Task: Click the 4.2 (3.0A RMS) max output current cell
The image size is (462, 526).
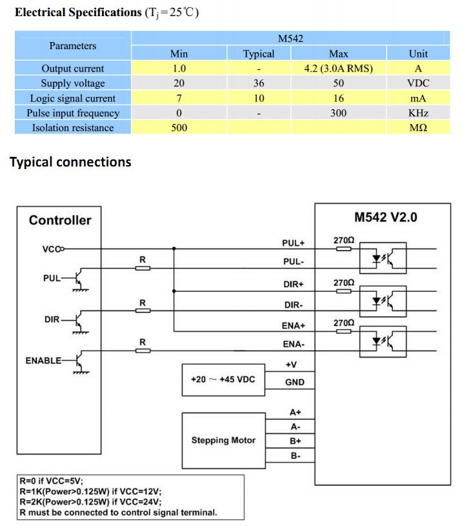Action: (338, 68)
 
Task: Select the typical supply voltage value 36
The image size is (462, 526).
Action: (259, 83)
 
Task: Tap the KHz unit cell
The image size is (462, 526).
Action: (418, 113)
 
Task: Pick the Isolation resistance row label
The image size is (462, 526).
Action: (73, 128)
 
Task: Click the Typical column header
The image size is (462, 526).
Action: (259, 54)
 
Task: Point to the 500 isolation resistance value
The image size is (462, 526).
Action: (179, 128)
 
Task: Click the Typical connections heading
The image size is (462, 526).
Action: (70, 162)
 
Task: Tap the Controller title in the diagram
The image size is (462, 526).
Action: (60, 220)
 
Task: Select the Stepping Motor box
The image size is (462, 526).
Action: (224, 440)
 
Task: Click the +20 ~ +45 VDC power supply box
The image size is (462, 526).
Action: (223, 379)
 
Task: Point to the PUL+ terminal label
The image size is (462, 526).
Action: (294, 243)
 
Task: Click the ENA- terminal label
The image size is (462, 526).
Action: (294, 344)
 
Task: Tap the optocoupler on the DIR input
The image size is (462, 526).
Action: (383, 301)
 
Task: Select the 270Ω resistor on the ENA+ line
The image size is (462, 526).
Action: (344, 332)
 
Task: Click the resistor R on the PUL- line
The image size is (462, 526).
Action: (143, 268)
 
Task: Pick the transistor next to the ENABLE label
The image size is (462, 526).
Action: (80, 361)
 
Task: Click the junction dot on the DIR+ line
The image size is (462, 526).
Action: (174, 291)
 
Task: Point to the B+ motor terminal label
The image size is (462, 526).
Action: (295, 441)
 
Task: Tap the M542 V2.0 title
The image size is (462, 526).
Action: (386, 217)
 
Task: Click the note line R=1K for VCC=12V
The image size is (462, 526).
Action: (90, 491)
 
